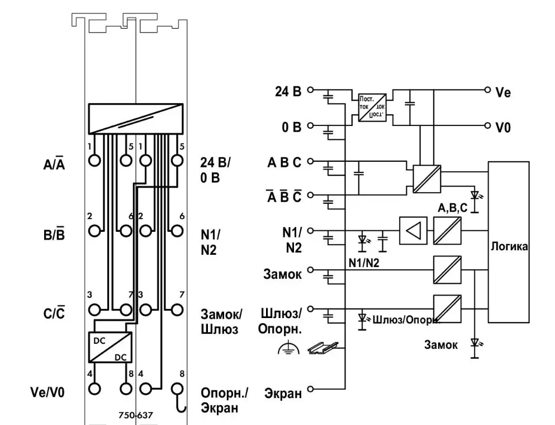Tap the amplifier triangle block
tap(413, 230)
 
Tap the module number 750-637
tap(136, 415)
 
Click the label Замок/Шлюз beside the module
tap(219, 321)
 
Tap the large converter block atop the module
tap(135, 118)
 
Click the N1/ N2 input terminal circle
tap(311, 230)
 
